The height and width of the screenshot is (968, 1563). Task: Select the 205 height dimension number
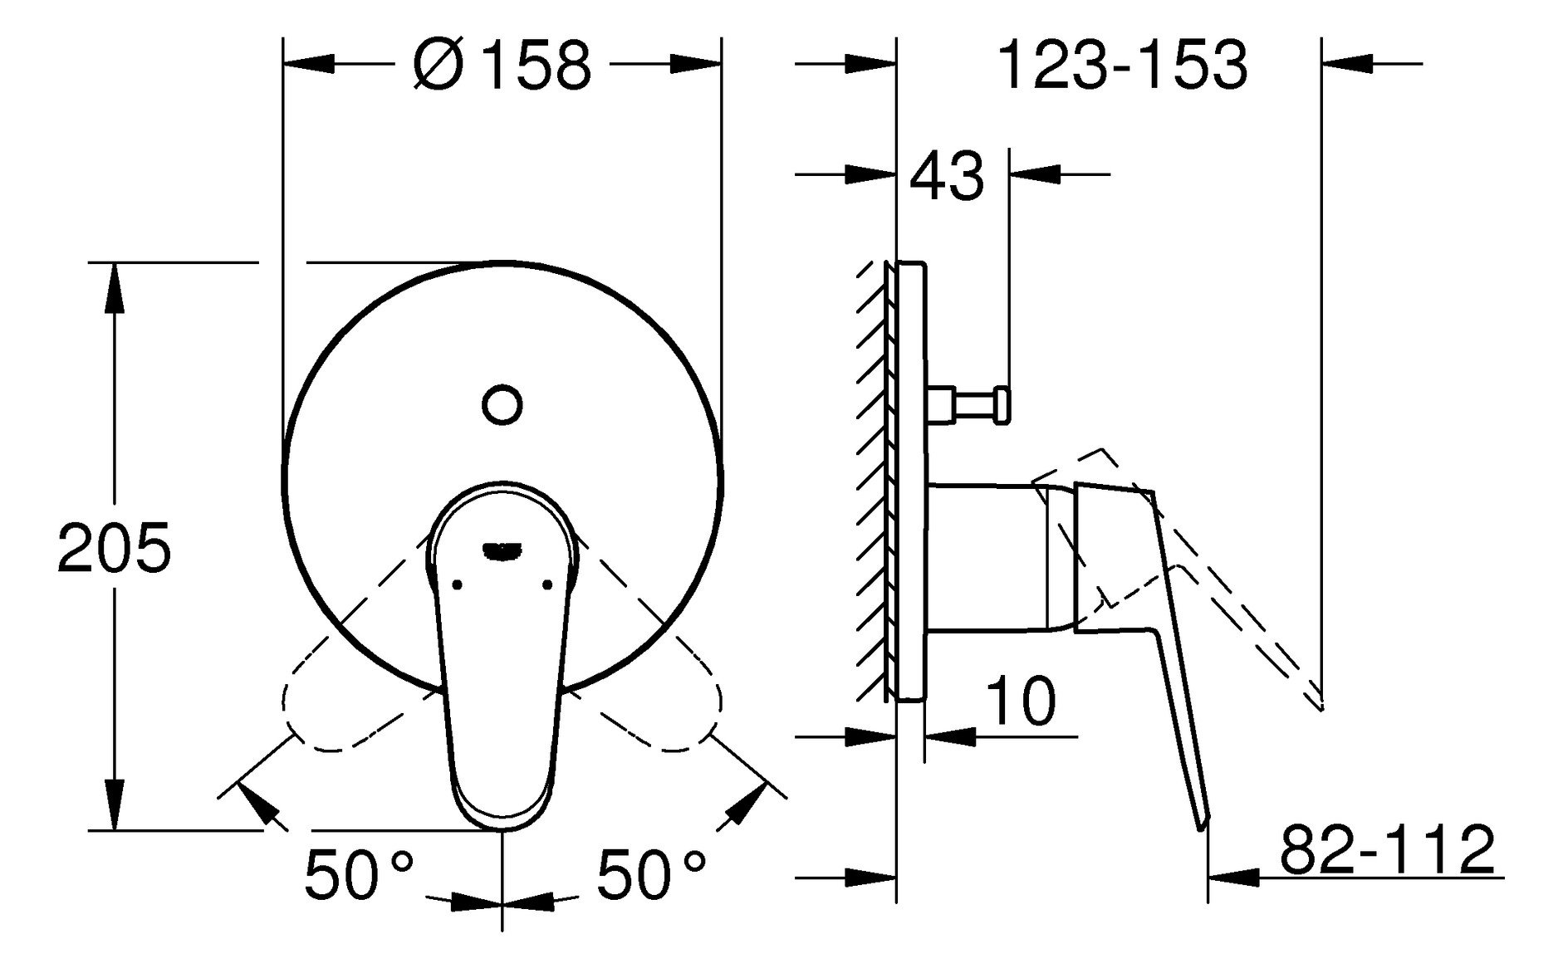pos(114,548)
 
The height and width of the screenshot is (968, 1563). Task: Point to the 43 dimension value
pos(946,177)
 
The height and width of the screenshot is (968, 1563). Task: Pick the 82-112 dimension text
pos(1387,849)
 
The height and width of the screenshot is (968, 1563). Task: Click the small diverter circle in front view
pos(502,405)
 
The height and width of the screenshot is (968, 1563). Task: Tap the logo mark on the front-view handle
pos(502,548)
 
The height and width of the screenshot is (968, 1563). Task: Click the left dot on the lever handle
pos(457,585)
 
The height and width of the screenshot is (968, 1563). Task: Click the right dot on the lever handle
pos(546,585)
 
